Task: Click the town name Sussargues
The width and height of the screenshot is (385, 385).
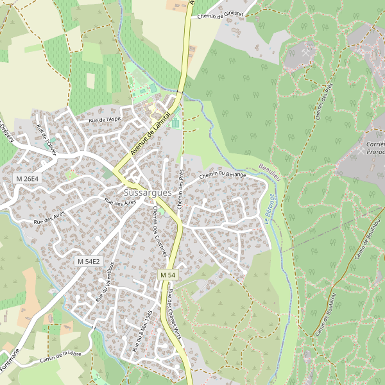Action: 148,193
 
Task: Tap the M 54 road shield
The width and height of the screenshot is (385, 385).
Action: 167,275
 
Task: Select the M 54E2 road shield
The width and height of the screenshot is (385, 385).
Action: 89,261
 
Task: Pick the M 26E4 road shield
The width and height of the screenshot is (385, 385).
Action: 28,178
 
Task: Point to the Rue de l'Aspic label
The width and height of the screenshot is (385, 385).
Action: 105,119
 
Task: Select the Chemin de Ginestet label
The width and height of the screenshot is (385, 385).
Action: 221,15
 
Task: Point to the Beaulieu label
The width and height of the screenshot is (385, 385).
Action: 270,167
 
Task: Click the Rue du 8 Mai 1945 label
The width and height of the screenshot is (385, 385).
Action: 141,330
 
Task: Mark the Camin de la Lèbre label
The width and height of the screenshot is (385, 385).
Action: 61,357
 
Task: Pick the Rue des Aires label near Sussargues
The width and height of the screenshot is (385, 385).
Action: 121,201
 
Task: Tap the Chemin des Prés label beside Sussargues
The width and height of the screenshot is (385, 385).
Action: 181,190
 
